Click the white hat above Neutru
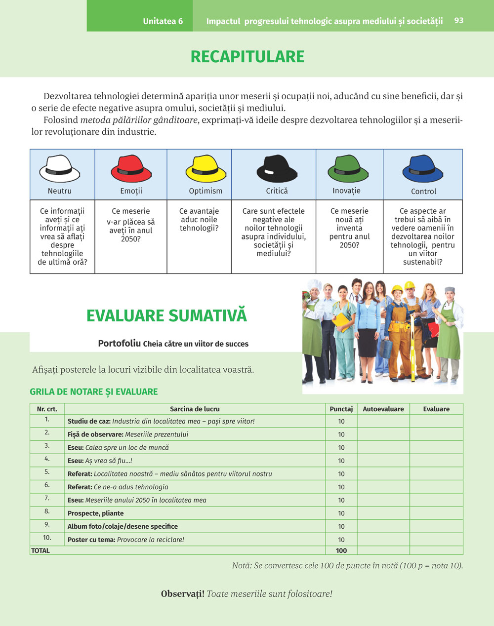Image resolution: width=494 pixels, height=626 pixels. [x=59, y=169]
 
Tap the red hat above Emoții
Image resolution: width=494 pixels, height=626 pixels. [x=131, y=169]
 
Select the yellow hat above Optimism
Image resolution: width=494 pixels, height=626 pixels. [x=206, y=169]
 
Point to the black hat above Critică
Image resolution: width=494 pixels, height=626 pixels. [x=277, y=169]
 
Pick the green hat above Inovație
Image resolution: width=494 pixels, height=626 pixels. [x=348, y=169]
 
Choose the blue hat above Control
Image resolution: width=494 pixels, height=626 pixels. [x=423, y=169]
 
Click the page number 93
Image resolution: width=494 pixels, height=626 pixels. [x=459, y=20]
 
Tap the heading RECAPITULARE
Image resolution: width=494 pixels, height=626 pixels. [x=247, y=56]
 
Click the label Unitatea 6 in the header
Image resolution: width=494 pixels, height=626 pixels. [x=163, y=21]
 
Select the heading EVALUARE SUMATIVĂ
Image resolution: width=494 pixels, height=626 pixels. [x=166, y=315]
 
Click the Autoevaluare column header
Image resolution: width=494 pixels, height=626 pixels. [x=383, y=409]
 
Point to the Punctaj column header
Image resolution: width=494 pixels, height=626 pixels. [x=341, y=409]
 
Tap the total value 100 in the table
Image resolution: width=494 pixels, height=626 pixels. [x=341, y=550]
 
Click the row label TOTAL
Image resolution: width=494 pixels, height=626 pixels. [x=41, y=550]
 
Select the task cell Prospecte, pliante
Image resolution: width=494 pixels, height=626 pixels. [x=95, y=513]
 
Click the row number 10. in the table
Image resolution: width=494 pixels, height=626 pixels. [x=47, y=538]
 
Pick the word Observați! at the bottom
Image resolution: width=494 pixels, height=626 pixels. [x=182, y=594]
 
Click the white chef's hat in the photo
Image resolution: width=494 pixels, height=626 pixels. [x=314, y=285]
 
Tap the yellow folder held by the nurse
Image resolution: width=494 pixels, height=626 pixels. [x=341, y=321]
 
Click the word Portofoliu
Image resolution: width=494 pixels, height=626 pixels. [x=119, y=343]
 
